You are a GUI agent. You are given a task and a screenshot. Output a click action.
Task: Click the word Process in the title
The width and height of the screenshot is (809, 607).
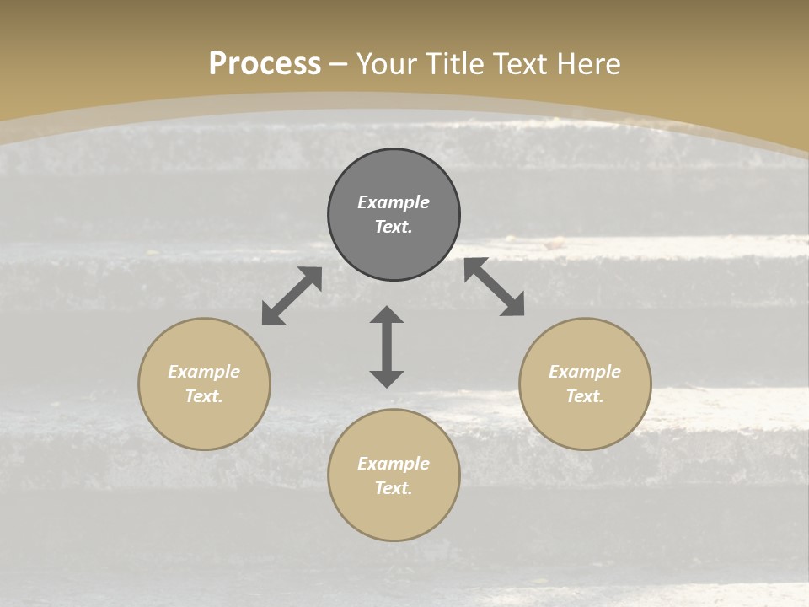[265, 64]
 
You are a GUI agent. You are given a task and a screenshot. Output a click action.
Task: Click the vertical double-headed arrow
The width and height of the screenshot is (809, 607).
[387, 346]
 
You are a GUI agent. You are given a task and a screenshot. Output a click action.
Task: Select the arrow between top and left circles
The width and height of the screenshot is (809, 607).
[292, 296]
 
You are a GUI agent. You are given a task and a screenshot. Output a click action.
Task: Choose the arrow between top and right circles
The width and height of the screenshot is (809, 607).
[495, 287]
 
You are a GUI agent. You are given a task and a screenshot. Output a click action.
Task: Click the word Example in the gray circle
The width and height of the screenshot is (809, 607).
[394, 202]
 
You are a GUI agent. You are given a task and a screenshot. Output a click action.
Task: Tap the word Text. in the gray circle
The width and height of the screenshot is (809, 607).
[394, 227]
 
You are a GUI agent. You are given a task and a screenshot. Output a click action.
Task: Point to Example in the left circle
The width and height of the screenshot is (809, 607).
[204, 372]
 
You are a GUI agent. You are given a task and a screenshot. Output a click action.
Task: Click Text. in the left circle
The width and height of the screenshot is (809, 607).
[204, 396]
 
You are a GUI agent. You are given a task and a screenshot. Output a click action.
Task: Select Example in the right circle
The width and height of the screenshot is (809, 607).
[585, 372]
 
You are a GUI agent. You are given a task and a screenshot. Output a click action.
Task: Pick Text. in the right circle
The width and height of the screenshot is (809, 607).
[585, 396]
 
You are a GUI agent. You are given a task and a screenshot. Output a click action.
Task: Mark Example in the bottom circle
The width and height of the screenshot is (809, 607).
[394, 464]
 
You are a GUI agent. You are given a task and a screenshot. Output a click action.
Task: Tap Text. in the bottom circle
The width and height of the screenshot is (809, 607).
[394, 488]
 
